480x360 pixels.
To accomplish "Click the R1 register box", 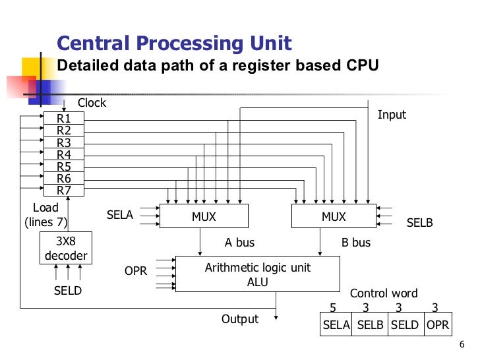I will tap(64, 119).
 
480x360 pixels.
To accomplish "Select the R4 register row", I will tap(64, 155).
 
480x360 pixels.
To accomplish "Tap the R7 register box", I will tap(64, 191).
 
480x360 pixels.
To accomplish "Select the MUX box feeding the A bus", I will tap(204, 216).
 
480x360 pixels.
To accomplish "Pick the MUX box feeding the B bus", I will tap(334, 216).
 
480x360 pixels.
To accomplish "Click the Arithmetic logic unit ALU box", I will tap(257, 274).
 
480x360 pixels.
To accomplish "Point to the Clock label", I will tap(92, 103).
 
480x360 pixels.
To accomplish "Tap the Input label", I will tap(392, 115).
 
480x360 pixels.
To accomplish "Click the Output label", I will tap(240, 319).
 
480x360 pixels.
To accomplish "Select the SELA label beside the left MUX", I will tap(120, 215).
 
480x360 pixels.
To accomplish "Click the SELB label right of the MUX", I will tap(419, 223).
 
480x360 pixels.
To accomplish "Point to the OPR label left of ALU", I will tap(136, 271).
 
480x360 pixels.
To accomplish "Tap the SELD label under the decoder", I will tap(67, 290).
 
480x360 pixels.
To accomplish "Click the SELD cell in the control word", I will tap(405, 324).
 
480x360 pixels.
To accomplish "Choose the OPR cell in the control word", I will tap(437, 324).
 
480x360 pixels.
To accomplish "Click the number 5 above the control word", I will tap(333, 307).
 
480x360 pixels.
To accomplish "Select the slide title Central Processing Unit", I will tap(174, 44).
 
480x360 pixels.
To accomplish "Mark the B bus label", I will tap(356, 243).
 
